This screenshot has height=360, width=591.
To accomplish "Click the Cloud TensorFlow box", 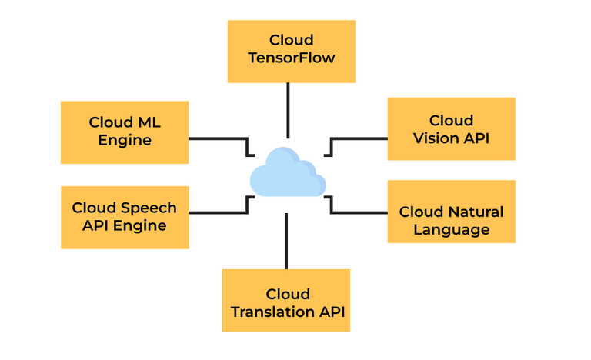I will (291, 51).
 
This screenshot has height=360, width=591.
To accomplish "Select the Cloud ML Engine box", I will (125, 132).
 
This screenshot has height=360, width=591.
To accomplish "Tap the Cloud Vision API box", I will (451, 128).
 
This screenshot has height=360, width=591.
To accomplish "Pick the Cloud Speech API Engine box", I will (125, 217).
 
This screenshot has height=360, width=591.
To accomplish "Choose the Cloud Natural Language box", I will (451, 220).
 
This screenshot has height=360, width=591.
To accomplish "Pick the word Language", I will (451, 229).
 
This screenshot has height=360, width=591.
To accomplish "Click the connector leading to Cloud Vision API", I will (360, 139).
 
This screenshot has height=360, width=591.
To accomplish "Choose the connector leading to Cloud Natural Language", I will (360, 210).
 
